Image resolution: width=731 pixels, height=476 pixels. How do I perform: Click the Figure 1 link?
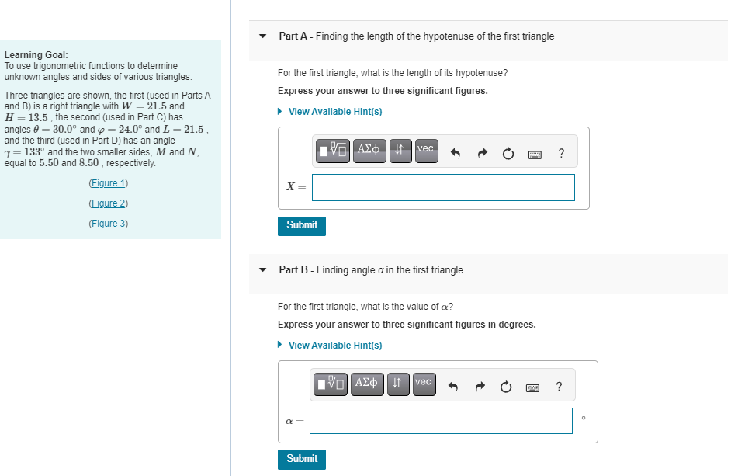108,183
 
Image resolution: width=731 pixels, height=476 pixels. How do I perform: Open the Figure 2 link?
108,203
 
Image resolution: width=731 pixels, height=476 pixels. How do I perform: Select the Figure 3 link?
108,224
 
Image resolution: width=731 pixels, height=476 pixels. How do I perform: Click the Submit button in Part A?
301,225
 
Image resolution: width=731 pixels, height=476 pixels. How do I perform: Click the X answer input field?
443,187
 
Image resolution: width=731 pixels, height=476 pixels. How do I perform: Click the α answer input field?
441,421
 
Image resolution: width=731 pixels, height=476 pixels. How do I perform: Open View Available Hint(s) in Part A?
334,112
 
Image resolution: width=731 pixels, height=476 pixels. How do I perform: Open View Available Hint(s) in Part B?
334,346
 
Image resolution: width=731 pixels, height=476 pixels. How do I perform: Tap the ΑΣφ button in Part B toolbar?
368,384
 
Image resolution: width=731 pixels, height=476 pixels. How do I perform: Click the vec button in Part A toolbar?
425,151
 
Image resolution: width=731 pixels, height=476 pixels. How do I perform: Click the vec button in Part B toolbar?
423,384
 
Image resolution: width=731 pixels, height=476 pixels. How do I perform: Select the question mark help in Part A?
561,153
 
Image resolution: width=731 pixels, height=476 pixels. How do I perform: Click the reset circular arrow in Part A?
508,154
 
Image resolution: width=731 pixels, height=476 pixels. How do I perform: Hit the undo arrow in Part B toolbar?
456,387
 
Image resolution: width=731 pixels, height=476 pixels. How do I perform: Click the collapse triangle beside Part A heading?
263,36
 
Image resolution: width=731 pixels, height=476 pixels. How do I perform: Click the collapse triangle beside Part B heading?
263,270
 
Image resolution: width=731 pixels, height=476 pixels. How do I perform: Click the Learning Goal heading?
36,55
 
